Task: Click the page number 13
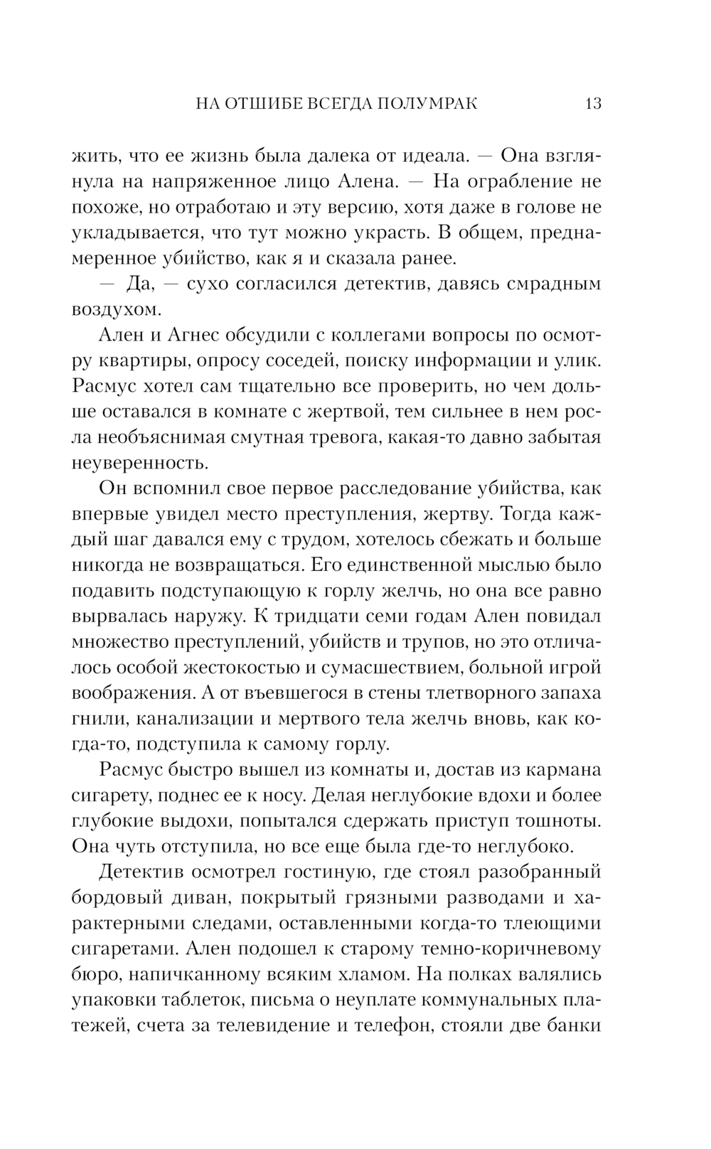tap(593, 104)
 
